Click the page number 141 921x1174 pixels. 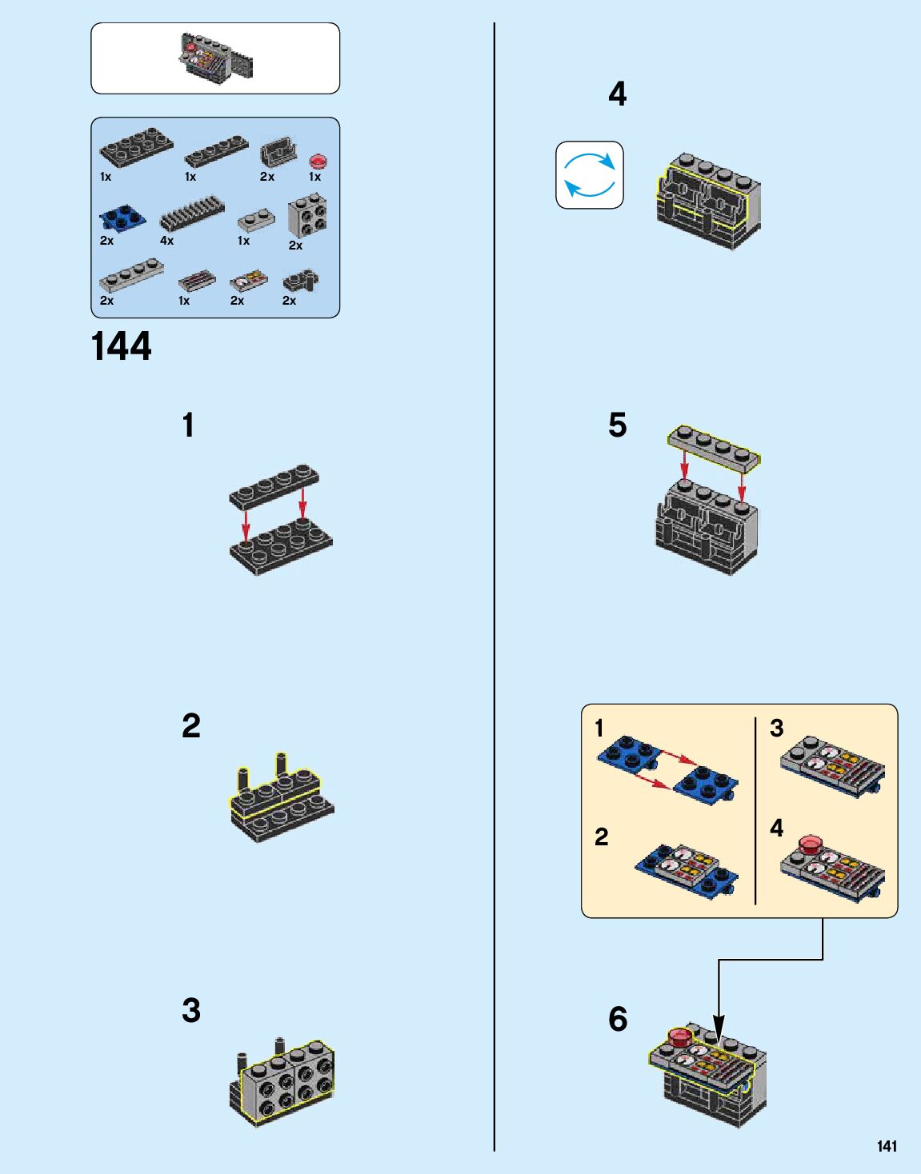tap(887, 1146)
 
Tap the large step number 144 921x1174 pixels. tap(121, 346)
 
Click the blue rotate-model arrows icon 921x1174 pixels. tap(590, 175)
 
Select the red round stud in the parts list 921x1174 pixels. tap(318, 161)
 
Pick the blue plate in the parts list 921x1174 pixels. tap(122, 218)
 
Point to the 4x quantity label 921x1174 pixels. tap(166, 241)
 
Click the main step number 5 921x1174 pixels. tap(617, 425)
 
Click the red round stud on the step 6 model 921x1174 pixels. tap(680, 1036)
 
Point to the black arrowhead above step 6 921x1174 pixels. tap(719, 1028)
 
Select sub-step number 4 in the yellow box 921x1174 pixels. tap(777, 828)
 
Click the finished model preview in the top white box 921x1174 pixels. tap(215, 58)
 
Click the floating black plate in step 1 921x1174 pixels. tap(274, 486)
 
